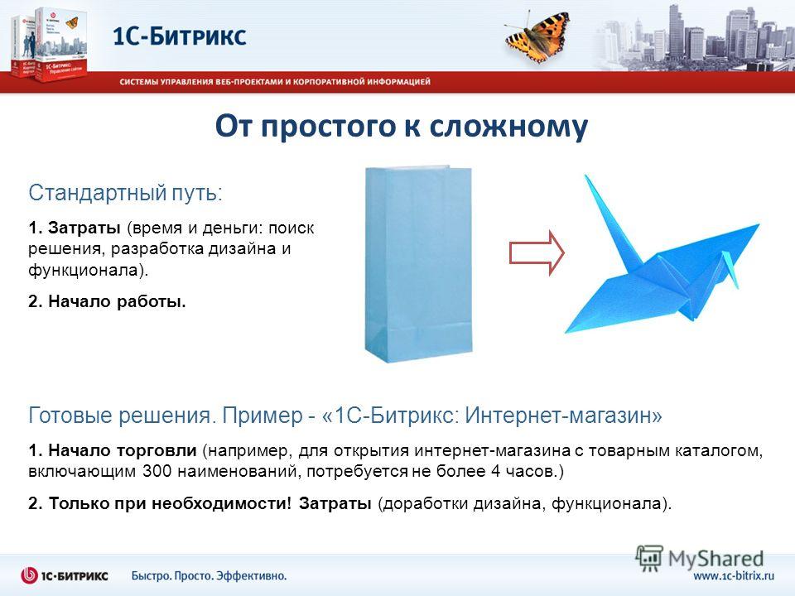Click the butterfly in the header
(537, 37)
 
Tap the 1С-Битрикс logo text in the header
(179, 36)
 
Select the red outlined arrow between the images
(537, 253)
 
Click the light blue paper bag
(419, 264)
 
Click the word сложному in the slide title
(508, 126)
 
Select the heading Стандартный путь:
(125, 193)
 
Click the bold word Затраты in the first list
(84, 228)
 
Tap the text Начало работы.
(117, 301)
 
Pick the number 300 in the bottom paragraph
(157, 471)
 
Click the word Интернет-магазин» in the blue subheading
(564, 416)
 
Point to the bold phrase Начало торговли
(123, 450)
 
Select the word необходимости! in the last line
(222, 503)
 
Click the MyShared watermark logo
(700, 558)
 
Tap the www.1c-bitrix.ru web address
(734, 576)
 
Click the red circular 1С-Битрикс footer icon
(30, 576)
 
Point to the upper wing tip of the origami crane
(759, 224)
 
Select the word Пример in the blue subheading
(263, 416)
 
